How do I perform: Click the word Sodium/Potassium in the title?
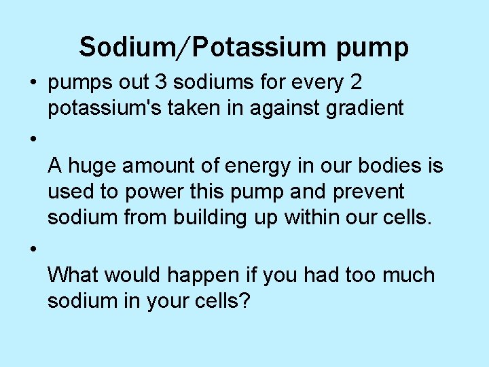(x=191, y=47)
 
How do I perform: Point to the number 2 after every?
(x=354, y=82)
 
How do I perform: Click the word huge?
(x=94, y=165)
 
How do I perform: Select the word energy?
(x=249, y=165)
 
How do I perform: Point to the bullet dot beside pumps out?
(x=33, y=84)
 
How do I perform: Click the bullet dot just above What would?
(x=33, y=251)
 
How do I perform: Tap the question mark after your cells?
(x=245, y=300)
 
